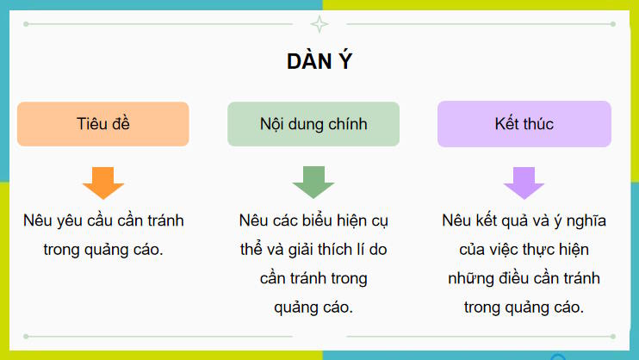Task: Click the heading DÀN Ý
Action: [319, 62]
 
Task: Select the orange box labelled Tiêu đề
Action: [102, 124]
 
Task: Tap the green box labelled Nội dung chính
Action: [313, 124]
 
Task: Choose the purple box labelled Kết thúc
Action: [524, 124]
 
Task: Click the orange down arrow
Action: [103, 182]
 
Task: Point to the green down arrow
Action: [313, 182]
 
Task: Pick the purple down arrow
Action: [524, 182]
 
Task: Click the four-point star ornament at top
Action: [319, 24]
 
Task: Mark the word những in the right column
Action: [468, 279]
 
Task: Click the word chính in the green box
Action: [346, 124]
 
